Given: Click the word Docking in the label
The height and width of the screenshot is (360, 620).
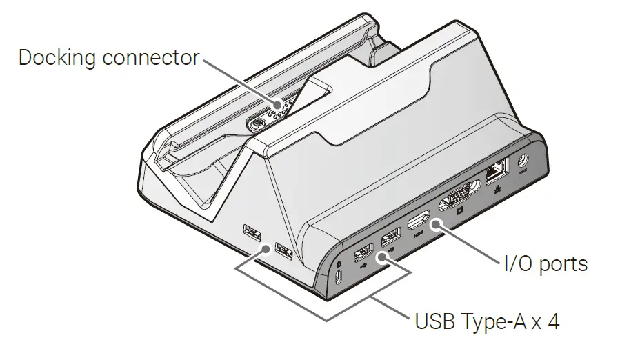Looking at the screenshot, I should (57, 58).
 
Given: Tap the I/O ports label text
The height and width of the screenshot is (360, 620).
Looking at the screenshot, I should (543, 263).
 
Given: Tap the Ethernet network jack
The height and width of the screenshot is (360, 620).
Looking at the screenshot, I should (497, 170).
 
